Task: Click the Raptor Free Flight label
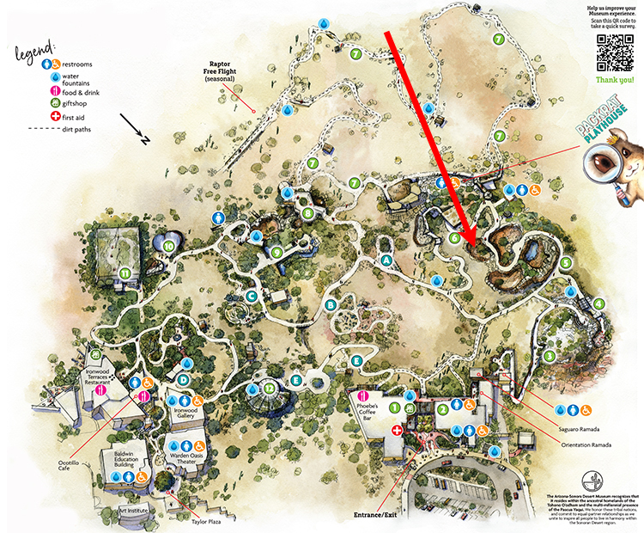pos(222,72)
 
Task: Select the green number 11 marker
pos(125,273)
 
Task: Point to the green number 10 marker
pos(169,247)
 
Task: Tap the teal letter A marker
pos(386,260)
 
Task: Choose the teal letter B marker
pos(331,303)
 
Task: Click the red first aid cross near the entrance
pos(397,429)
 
